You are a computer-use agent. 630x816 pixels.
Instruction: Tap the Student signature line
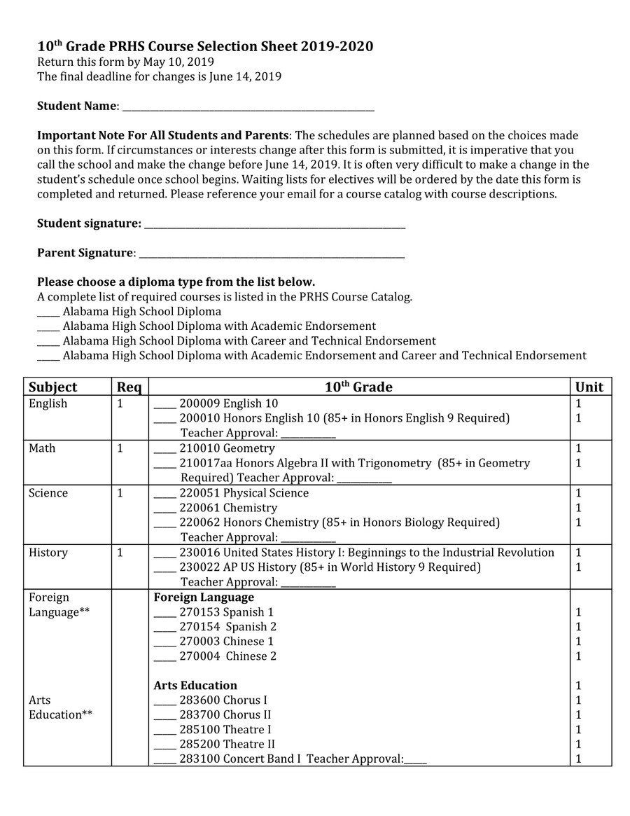[x=274, y=226]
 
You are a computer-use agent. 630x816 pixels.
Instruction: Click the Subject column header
[x=53, y=387]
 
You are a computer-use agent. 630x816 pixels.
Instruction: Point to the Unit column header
[x=589, y=387]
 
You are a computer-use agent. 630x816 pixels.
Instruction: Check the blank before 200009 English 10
[x=164, y=406]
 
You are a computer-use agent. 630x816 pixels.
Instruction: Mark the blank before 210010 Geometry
[x=164, y=450]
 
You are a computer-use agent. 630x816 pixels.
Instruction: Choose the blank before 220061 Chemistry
[x=164, y=510]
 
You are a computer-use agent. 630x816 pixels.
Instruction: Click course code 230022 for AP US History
[x=199, y=567]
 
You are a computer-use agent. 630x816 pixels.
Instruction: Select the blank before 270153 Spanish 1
[x=164, y=614]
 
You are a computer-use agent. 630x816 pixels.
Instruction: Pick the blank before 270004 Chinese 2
[x=164, y=658]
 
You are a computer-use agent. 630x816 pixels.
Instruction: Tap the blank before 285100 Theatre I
[x=164, y=732]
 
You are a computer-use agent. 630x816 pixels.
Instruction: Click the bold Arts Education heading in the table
[x=195, y=686]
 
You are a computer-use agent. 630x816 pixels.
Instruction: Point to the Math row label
[x=42, y=448]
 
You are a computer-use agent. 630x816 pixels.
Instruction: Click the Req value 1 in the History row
[x=120, y=553]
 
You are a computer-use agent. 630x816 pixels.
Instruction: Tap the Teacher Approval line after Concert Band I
[x=415, y=761]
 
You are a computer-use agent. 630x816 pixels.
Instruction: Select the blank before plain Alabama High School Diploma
[x=48, y=314]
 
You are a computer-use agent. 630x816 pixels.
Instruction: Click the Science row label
[x=48, y=493]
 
